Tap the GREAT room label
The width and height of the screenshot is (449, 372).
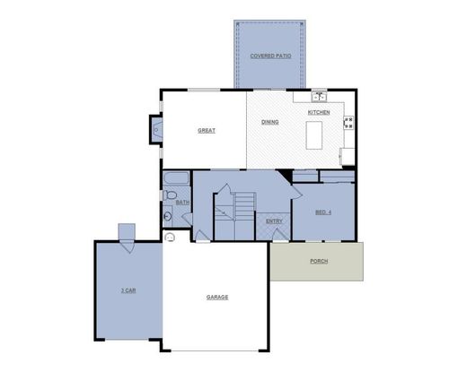207,131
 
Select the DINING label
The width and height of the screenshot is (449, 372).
269,121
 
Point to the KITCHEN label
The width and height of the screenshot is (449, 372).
319,112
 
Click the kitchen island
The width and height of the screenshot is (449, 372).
314,135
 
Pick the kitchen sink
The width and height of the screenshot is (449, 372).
318,95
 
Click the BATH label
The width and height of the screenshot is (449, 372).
182,203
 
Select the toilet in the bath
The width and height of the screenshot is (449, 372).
171,195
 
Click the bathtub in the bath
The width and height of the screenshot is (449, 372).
176,177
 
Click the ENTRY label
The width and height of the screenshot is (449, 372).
274,221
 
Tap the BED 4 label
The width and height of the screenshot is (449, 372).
323,212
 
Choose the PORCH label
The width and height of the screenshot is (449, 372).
318,261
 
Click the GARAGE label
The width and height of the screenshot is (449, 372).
216,297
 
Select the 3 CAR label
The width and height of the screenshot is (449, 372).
128,291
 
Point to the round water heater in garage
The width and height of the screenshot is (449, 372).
169,238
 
